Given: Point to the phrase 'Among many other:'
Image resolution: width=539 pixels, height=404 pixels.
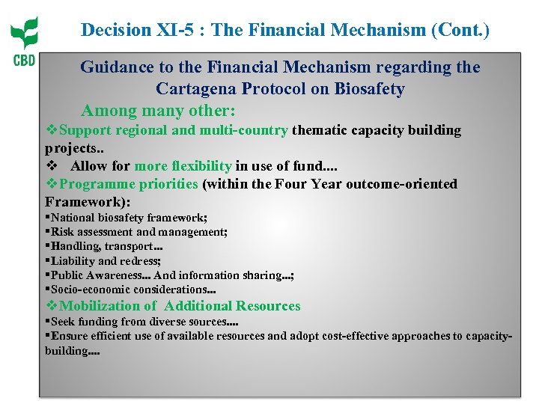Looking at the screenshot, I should [158, 111].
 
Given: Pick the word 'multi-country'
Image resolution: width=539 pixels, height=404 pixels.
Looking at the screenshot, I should [243, 130].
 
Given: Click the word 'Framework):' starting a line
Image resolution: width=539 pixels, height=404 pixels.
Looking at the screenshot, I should [88, 201].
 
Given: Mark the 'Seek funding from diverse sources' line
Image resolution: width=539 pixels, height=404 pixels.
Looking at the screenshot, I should [144, 322].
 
